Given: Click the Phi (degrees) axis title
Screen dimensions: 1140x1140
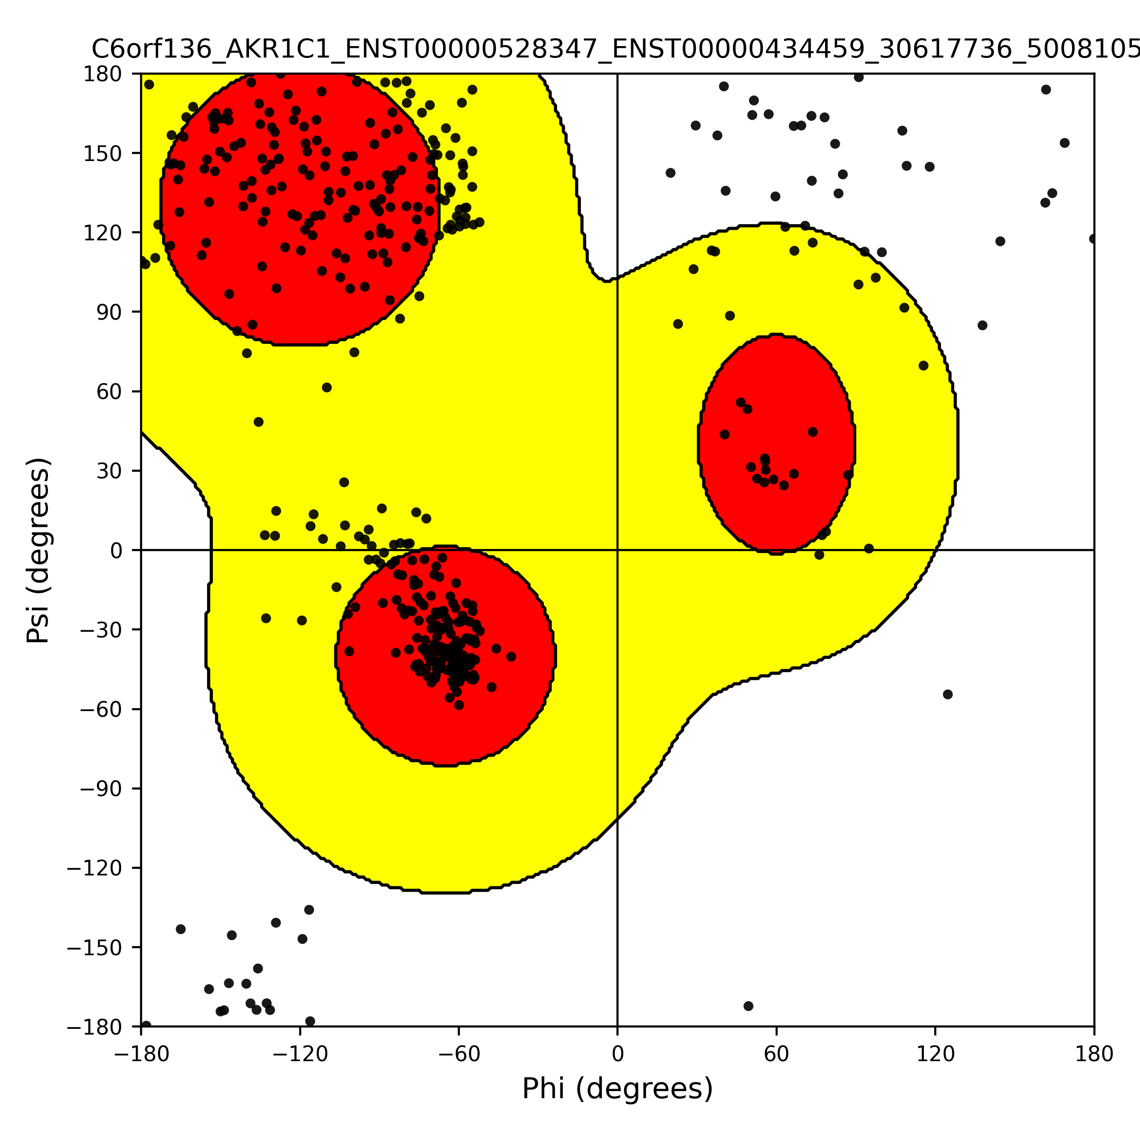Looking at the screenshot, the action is (x=617, y=1089).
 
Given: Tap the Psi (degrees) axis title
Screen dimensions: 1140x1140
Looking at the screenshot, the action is (x=38, y=550).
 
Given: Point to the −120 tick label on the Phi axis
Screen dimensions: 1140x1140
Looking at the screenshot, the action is (x=300, y=1054).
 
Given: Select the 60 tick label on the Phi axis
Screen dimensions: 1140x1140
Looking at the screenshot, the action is (x=777, y=1054).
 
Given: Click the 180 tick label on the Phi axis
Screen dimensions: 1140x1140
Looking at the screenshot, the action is (x=1094, y=1054).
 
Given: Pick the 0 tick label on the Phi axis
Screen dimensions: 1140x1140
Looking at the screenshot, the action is (x=617, y=1054).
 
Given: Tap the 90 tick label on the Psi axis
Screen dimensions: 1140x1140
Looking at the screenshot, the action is (x=110, y=312).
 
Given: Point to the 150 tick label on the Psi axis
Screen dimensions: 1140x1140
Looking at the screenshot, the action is (x=103, y=153).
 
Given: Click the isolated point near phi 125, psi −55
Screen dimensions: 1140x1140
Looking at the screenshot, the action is (x=948, y=694).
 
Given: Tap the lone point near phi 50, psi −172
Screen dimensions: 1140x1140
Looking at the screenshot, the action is (x=748, y=1006).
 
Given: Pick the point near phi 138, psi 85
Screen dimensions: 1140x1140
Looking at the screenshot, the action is (x=982, y=325).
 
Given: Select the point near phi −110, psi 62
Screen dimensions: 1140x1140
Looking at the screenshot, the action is (x=327, y=387).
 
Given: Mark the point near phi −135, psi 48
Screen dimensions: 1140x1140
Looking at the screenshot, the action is (x=258, y=422).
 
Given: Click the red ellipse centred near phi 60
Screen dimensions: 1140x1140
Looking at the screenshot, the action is (x=777, y=444).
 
